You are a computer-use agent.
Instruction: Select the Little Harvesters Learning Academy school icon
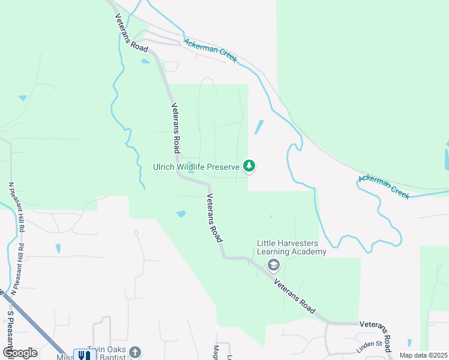tap(273, 265)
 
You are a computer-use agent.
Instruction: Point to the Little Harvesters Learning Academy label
tap(291, 247)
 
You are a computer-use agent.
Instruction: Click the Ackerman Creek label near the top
tap(211, 51)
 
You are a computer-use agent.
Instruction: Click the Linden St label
tap(371, 343)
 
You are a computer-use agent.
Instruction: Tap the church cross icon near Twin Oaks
tap(135, 353)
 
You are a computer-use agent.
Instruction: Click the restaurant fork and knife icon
tap(85, 355)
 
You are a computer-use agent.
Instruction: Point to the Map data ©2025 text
tap(423, 355)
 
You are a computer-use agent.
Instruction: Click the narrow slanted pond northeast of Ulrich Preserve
tap(259, 127)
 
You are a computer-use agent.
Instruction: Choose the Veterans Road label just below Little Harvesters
tap(294, 296)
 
